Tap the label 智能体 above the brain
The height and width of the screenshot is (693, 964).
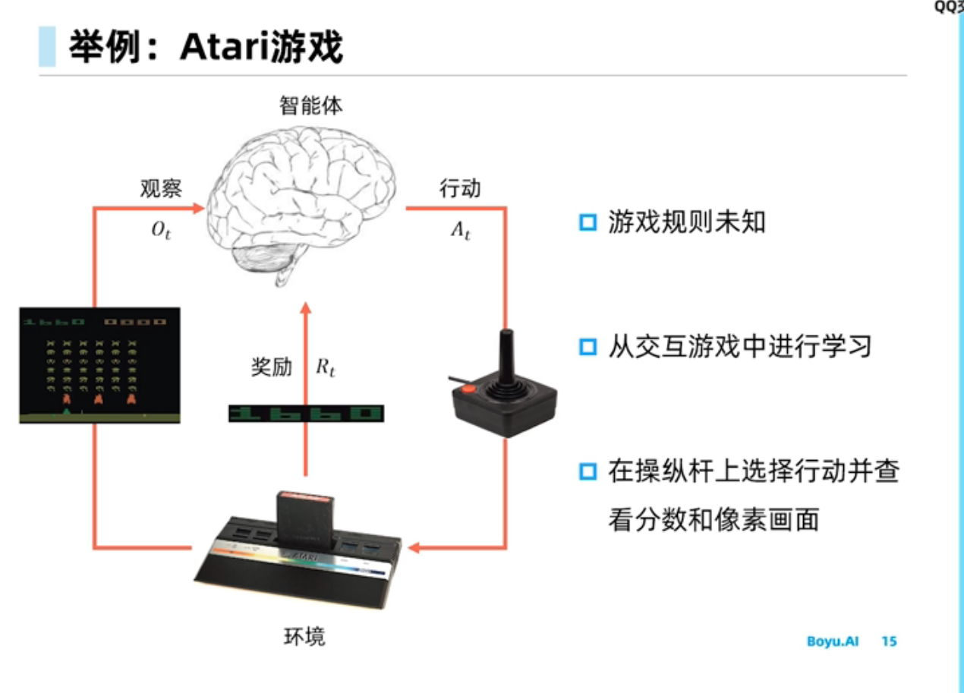coord(310,106)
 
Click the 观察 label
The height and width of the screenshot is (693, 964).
coord(161,188)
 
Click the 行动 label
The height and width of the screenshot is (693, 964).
coord(460,188)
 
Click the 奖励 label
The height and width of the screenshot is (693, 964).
coord(271,367)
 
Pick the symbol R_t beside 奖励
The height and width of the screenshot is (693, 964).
coord(326,368)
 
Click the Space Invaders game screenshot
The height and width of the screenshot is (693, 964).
coord(99,364)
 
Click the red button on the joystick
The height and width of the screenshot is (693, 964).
coord(469,389)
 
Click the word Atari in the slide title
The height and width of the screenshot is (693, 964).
coord(219,47)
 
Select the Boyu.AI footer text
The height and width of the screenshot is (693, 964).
coord(833,641)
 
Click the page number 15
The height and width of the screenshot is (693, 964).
coord(889,641)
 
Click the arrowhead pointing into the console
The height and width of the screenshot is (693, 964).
coord(416,547)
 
